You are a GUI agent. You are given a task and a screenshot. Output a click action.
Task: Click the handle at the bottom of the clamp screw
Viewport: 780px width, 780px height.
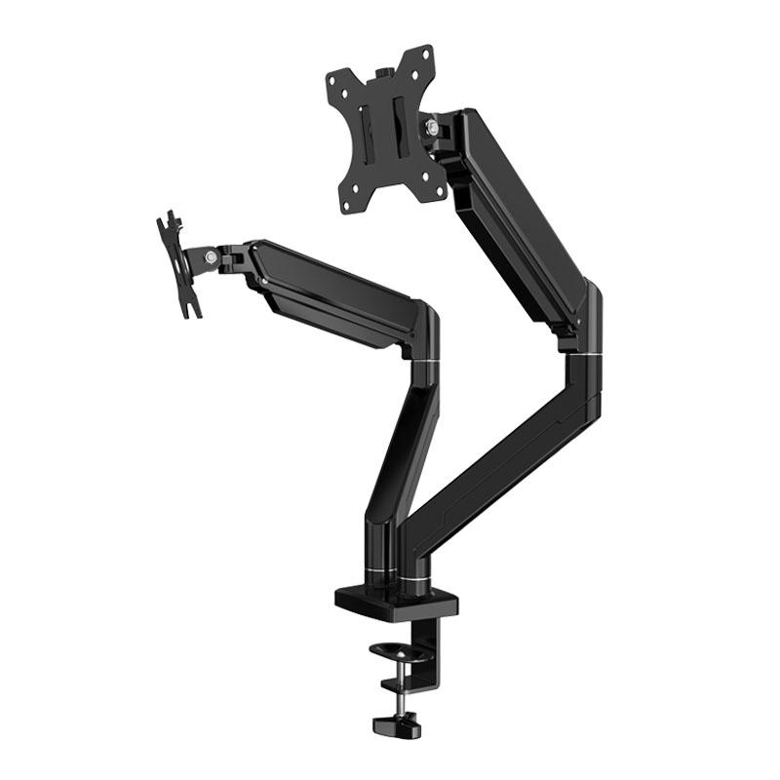coord(396,725)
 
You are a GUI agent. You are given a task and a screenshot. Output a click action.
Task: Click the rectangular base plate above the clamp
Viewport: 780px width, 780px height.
coord(396,601)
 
